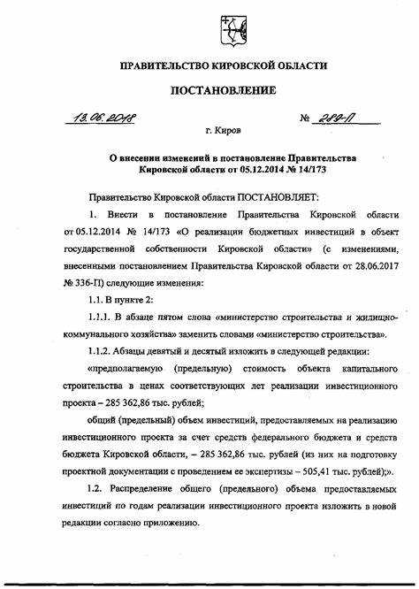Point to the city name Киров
(228, 131)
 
